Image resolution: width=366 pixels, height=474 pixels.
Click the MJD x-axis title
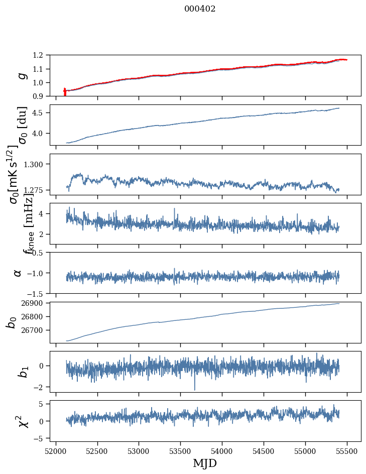(x=205, y=463)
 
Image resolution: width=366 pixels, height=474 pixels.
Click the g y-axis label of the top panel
(x=21, y=75)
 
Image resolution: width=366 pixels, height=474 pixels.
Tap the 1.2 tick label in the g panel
(x=40, y=55)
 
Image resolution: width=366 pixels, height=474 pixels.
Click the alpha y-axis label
(x=18, y=273)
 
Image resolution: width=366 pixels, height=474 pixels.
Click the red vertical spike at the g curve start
(x=65, y=92)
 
